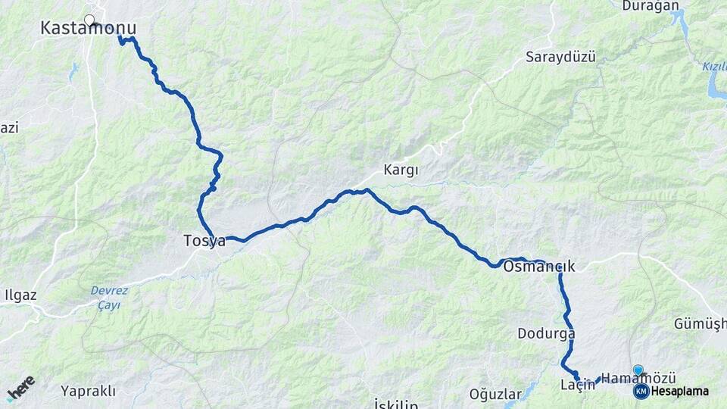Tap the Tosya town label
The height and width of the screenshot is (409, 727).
(204, 241)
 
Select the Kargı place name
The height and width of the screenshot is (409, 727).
(401, 170)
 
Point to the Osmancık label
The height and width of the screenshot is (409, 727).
(538, 267)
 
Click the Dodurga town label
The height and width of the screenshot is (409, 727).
(546, 333)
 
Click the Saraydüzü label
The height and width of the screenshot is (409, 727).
(560, 57)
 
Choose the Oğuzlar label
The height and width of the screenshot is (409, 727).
(495, 394)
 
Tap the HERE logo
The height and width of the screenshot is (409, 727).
(20, 389)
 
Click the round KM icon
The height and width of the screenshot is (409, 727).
(641, 392)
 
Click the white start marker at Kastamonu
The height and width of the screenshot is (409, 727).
(89, 20)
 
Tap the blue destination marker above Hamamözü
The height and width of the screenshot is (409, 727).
(638, 370)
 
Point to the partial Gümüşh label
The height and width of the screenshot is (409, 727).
(699, 324)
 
